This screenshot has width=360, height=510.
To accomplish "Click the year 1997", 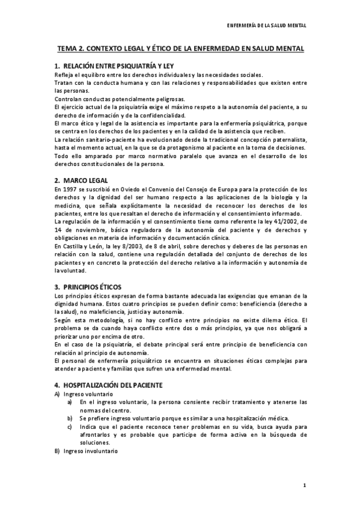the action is coord(69,189).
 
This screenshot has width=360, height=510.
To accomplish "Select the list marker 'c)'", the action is coord(70,426).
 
